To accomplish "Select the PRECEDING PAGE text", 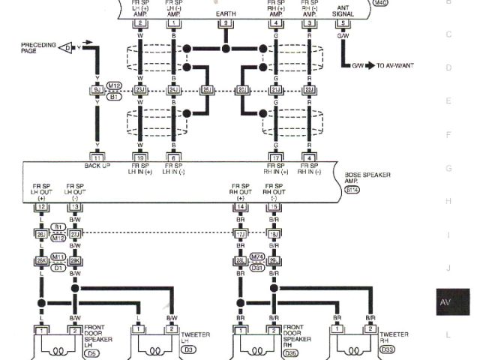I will point(38,48).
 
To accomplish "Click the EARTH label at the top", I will point(226,13).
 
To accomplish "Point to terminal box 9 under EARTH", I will point(225,23).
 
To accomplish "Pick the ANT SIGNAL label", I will point(343,10).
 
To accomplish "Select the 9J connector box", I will point(97,90).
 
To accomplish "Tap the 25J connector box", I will point(207,90).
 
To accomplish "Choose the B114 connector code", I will point(352,191).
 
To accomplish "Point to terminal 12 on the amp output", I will point(42,206).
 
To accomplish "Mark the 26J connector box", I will point(42,233).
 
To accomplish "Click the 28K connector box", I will point(42,260).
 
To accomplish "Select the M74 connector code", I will point(257,256).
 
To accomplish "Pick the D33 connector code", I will point(388,349).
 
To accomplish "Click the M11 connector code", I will point(58,256).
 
